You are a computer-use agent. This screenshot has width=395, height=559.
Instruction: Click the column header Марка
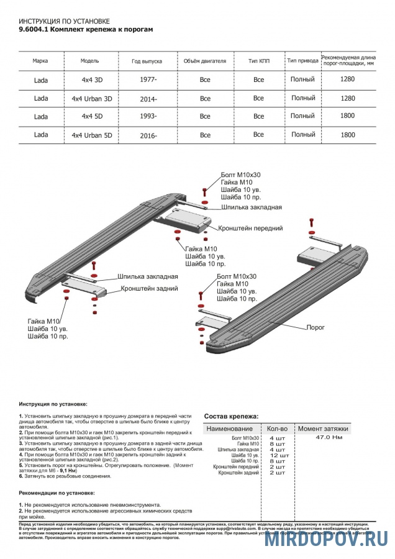click(40, 61)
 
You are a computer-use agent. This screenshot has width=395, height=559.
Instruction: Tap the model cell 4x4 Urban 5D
click(92, 135)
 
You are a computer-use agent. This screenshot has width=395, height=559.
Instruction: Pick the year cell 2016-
click(148, 135)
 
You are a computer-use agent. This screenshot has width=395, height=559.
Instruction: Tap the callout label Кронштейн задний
click(150, 288)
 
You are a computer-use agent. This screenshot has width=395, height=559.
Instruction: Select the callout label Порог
click(316, 327)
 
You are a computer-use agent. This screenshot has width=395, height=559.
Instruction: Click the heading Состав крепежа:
click(232, 416)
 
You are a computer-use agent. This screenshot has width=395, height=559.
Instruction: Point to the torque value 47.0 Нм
click(329, 437)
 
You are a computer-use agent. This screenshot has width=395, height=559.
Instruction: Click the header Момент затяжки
click(324, 429)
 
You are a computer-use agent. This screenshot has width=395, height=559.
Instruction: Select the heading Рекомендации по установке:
click(57, 492)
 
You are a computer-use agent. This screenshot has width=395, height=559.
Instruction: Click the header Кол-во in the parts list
click(277, 429)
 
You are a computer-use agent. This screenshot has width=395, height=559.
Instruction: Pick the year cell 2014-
click(148, 99)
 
